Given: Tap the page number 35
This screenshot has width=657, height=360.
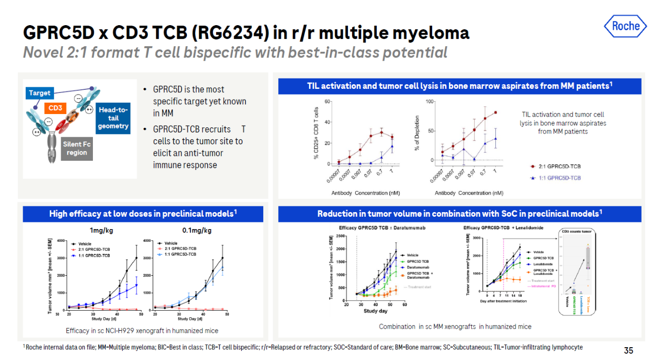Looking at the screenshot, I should coord(628,351).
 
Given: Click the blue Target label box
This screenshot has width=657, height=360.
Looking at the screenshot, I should coord(40,93).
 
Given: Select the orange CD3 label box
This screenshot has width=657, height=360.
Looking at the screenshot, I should coord(55,108).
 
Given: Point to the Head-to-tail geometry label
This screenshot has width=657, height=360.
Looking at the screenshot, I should coord(113,118).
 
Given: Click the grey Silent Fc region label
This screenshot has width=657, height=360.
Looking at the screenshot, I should coord(76,148).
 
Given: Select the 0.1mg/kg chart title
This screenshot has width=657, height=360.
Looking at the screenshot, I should coord(197,230).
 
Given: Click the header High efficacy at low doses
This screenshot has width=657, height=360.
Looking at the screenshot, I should coord(143,214).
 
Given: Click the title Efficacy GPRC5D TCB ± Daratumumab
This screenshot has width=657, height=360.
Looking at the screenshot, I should coord(382,228).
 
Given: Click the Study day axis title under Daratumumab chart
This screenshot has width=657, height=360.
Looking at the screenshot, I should coord(375,311).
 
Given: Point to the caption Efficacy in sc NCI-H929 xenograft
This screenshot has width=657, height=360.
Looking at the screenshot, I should coord(143,330).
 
